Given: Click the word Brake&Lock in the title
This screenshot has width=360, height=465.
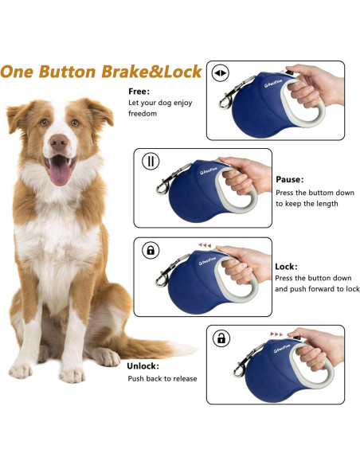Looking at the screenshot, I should pos(151,72).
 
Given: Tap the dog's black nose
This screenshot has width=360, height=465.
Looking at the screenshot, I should pos(58,143).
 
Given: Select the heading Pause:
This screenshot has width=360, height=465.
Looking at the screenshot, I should pos(289,179).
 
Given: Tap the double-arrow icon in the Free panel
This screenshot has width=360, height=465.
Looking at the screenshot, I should pos(221,73).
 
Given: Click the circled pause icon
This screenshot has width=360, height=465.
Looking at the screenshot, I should pos(150,162).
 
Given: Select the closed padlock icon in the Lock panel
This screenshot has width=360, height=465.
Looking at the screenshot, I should pos(150,250).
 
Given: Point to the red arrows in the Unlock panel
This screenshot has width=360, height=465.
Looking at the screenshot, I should pos(277,333).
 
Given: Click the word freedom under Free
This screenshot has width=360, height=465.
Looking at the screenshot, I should pos(143,114).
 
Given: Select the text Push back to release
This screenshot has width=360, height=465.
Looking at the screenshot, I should pos(162,378).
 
